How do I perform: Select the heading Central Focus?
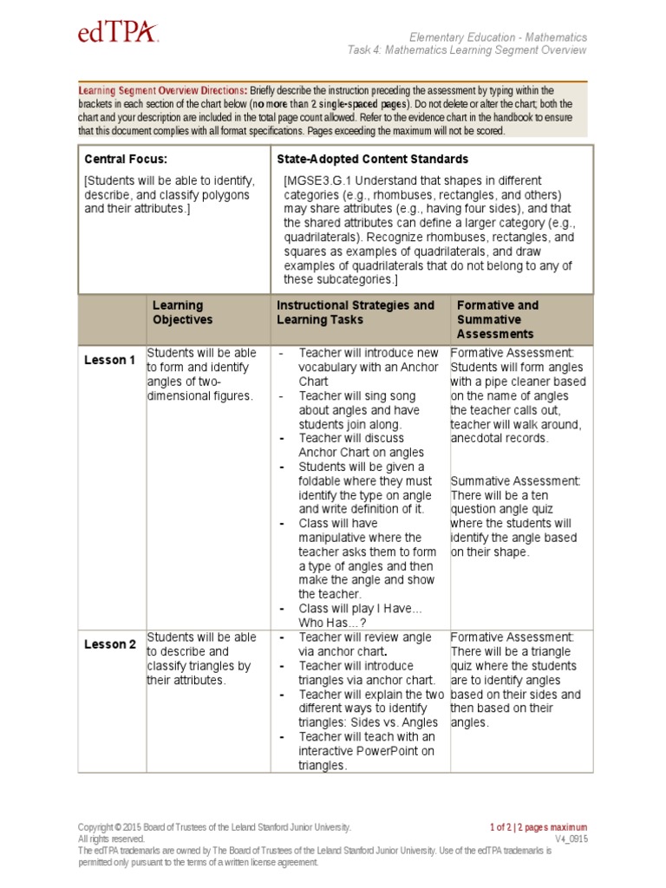pyautogui.click(x=126, y=160)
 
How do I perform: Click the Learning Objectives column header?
pyautogui.click(x=182, y=312)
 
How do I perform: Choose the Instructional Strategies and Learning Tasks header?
pyautogui.click(x=356, y=312)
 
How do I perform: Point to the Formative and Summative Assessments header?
pyautogui.click(x=498, y=319)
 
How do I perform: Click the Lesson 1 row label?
pyautogui.click(x=109, y=360)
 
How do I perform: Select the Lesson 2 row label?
pyautogui.click(x=109, y=644)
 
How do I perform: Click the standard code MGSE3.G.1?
pyautogui.click(x=323, y=181)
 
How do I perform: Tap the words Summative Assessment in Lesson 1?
pyautogui.click(x=515, y=480)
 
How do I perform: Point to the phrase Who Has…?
pyautogui.click(x=333, y=623)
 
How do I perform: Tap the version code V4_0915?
pyautogui.click(x=571, y=839)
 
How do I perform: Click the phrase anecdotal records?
pyautogui.click(x=499, y=438)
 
